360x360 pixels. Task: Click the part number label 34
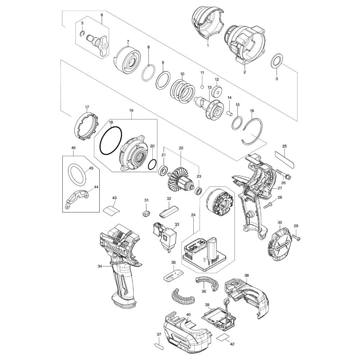(100, 266)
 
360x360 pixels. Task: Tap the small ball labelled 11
(202, 87)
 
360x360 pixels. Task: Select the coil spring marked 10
(183, 91)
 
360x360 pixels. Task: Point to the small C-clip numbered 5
(83, 34)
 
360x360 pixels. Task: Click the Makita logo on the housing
(116, 249)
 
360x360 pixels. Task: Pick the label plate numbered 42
(223, 337)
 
